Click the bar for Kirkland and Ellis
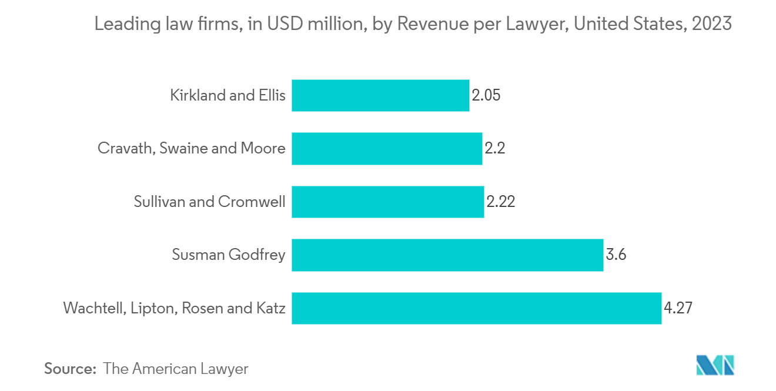tap(380, 95)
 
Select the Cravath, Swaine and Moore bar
tap(387, 148)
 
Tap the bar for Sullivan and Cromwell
tap(387, 202)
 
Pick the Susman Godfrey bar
tap(447, 255)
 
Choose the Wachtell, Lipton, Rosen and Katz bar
tap(476, 308)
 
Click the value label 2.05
tap(486, 95)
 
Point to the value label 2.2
tap(495, 148)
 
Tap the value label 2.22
tap(501, 202)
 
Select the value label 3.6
tap(616, 255)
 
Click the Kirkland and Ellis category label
tap(228, 95)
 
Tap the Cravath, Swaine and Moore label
tap(192, 148)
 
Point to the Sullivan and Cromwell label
tap(209, 202)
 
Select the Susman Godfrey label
tap(229, 255)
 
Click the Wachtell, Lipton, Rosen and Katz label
tap(174, 308)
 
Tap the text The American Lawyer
tap(176, 369)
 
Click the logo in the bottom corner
tap(715, 365)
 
